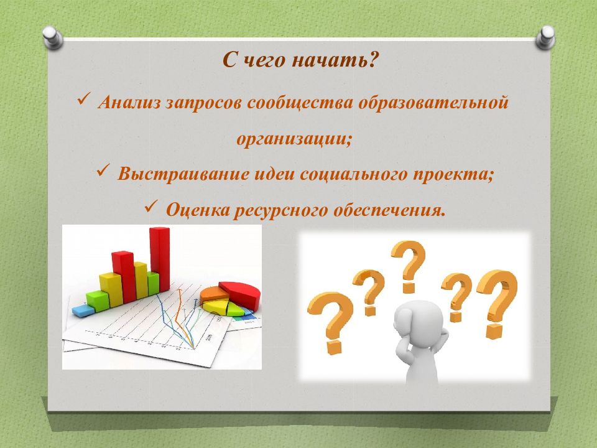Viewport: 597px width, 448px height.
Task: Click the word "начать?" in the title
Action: point(335,60)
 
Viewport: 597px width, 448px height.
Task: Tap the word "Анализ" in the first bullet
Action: point(129,102)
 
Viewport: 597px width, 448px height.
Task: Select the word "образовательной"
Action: point(433,102)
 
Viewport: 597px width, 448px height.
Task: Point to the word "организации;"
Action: point(294,139)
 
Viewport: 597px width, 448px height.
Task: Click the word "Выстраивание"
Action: point(183,174)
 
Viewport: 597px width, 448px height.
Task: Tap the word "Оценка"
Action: point(197,210)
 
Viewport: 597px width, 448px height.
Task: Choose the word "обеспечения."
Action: point(389,210)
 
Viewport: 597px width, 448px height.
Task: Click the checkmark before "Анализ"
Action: point(83,99)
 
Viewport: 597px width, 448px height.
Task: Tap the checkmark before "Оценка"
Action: point(151,206)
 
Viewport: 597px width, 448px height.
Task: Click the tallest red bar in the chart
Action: point(160,259)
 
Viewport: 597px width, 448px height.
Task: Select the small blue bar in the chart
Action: point(83,310)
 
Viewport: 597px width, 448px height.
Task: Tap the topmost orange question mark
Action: point(408,266)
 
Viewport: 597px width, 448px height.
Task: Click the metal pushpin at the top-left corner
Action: point(53,37)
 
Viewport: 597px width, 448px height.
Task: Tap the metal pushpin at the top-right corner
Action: point(545,37)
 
